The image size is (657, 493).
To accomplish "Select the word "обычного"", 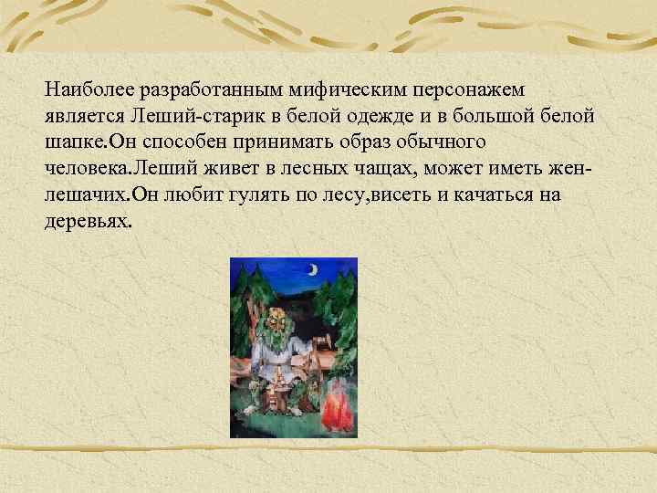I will pyautogui.click(x=443, y=143).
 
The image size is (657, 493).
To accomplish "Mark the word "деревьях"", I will pyautogui.click(x=89, y=223).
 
